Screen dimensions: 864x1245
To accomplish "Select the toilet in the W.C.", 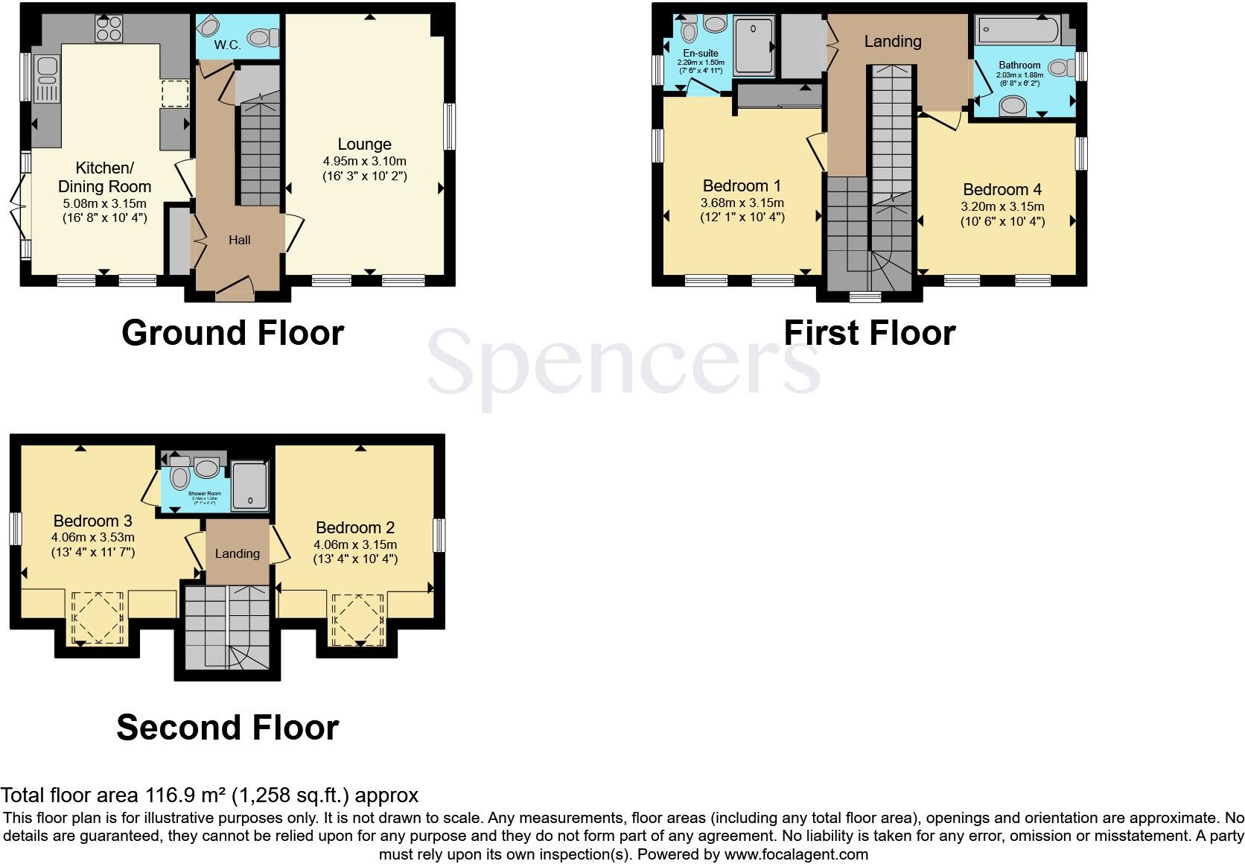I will point(263,36).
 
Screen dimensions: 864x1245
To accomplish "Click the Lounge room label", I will point(364,144).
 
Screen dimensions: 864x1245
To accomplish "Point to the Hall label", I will point(239,240).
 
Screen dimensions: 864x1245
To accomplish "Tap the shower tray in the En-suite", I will point(754,46).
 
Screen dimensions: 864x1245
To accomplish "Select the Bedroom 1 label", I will point(742,185).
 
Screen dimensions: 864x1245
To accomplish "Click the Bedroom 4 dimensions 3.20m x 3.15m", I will point(1002,206).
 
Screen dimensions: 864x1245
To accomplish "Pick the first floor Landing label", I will point(892,42).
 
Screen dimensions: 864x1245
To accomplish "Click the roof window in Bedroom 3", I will point(97,617).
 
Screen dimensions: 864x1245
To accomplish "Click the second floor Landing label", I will point(237,553).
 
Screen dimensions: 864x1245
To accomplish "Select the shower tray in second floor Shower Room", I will point(249,485).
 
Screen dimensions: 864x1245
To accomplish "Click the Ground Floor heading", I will point(232,332).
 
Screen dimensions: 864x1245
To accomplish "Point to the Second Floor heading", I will point(227,727).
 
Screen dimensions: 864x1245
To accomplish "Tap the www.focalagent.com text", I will point(797,854).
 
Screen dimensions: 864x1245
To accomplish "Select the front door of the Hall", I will point(235,287).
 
